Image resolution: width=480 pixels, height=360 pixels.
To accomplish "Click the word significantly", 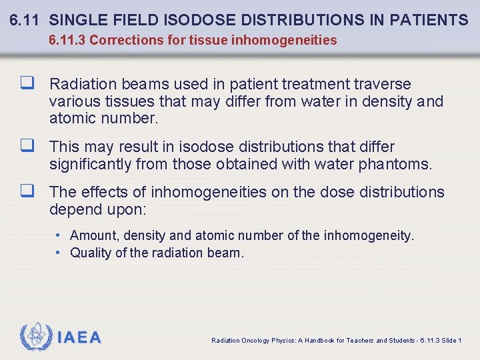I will point(95,164).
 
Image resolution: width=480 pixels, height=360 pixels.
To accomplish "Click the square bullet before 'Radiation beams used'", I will point(27,84).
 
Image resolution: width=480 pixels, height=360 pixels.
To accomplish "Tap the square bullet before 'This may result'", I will point(27,147).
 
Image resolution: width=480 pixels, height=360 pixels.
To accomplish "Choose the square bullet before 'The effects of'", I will point(27,192).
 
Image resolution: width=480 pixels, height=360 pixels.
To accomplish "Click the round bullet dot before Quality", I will point(59,253).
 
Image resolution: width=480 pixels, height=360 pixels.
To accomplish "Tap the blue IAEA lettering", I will point(79,337).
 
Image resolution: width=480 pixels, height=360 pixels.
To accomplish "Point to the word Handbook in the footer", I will point(315,341).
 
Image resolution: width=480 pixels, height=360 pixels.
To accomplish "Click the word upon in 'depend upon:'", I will point(127,209).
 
